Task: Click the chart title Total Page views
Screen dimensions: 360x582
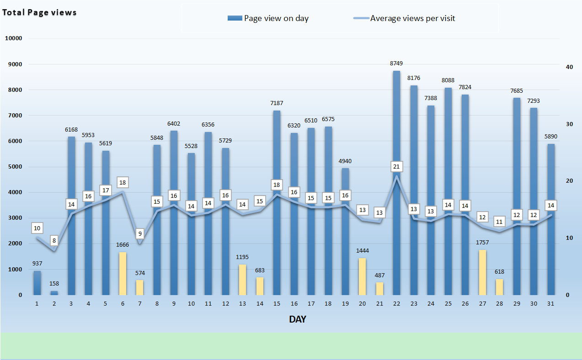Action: pos(39,12)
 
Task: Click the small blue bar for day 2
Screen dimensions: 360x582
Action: pos(54,293)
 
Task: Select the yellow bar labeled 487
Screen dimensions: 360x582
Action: pos(379,288)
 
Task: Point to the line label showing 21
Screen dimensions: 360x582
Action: pos(396,167)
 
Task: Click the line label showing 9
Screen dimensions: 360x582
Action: pos(140,234)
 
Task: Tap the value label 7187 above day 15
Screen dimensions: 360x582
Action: pos(277,103)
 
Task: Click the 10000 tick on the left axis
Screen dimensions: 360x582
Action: pos(13,38)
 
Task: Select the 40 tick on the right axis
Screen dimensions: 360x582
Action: pos(569,67)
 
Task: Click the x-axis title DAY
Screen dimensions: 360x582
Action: pos(297,319)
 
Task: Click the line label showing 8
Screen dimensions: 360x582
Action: pos(54,240)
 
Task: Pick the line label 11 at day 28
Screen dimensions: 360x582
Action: pos(499,222)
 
